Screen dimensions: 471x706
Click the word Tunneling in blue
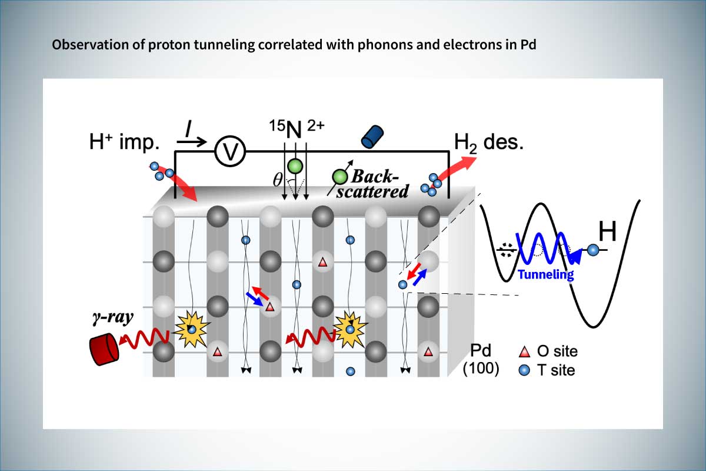[x=546, y=274]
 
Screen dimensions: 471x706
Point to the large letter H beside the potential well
[x=608, y=233]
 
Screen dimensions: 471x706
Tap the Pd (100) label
[x=481, y=361]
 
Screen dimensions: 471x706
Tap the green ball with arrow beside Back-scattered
[x=339, y=176]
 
